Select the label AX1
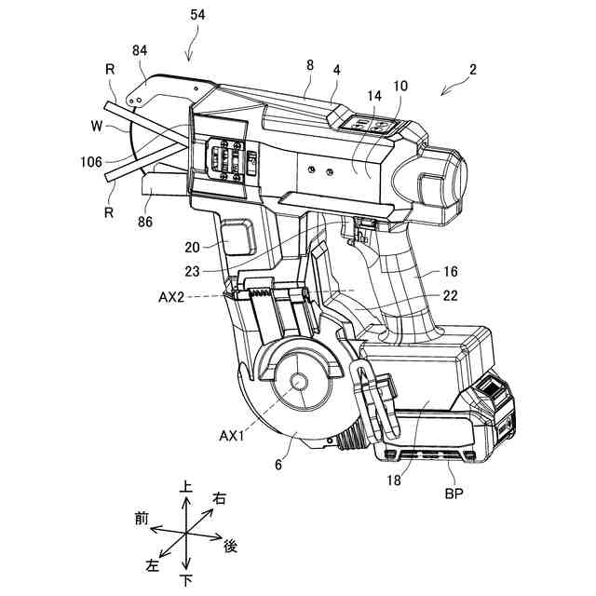(x=232, y=435)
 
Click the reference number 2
(x=473, y=70)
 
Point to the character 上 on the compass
(x=187, y=487)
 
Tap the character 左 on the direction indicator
(x=153, y=564)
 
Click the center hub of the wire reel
(x=297, y=383)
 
